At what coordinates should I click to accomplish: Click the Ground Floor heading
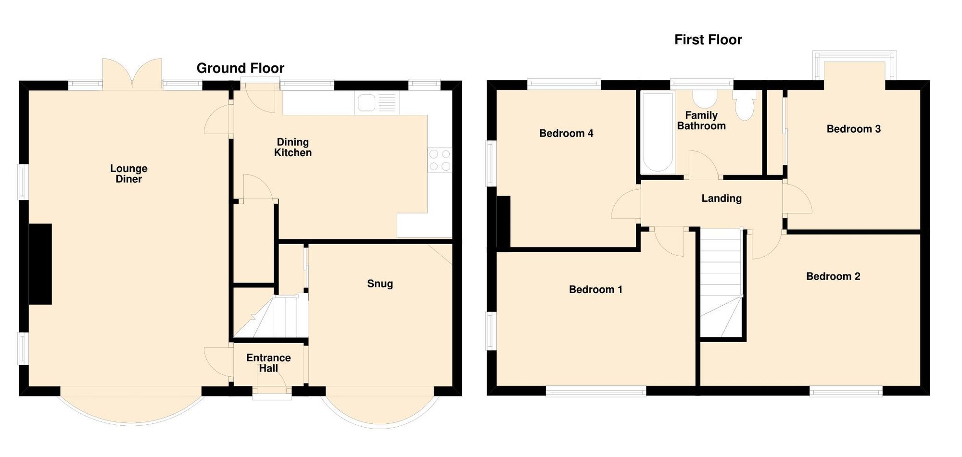[240, 68]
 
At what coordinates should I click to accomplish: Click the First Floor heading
[708, 40]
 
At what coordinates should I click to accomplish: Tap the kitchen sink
[367, 103]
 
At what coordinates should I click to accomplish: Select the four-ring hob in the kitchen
[440, 160]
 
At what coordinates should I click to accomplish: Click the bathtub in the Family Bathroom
[658, 132]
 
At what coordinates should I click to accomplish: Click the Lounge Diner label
[128, 173]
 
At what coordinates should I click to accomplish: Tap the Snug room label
[380, 284]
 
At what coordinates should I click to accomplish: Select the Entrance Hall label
[268, 363]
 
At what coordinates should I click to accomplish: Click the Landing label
[721, 198]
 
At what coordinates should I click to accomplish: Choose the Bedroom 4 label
[566, 134]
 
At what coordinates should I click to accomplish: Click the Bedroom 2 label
[833, 276]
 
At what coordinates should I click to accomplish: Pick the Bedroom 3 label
[853, 129]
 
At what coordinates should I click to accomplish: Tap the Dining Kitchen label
[292, 147]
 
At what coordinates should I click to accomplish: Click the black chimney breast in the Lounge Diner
[40, 264]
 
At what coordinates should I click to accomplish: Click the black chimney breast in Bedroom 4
[503, 223]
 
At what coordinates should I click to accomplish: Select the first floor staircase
[721, 284]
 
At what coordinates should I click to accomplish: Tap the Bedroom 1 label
[595, 289]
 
